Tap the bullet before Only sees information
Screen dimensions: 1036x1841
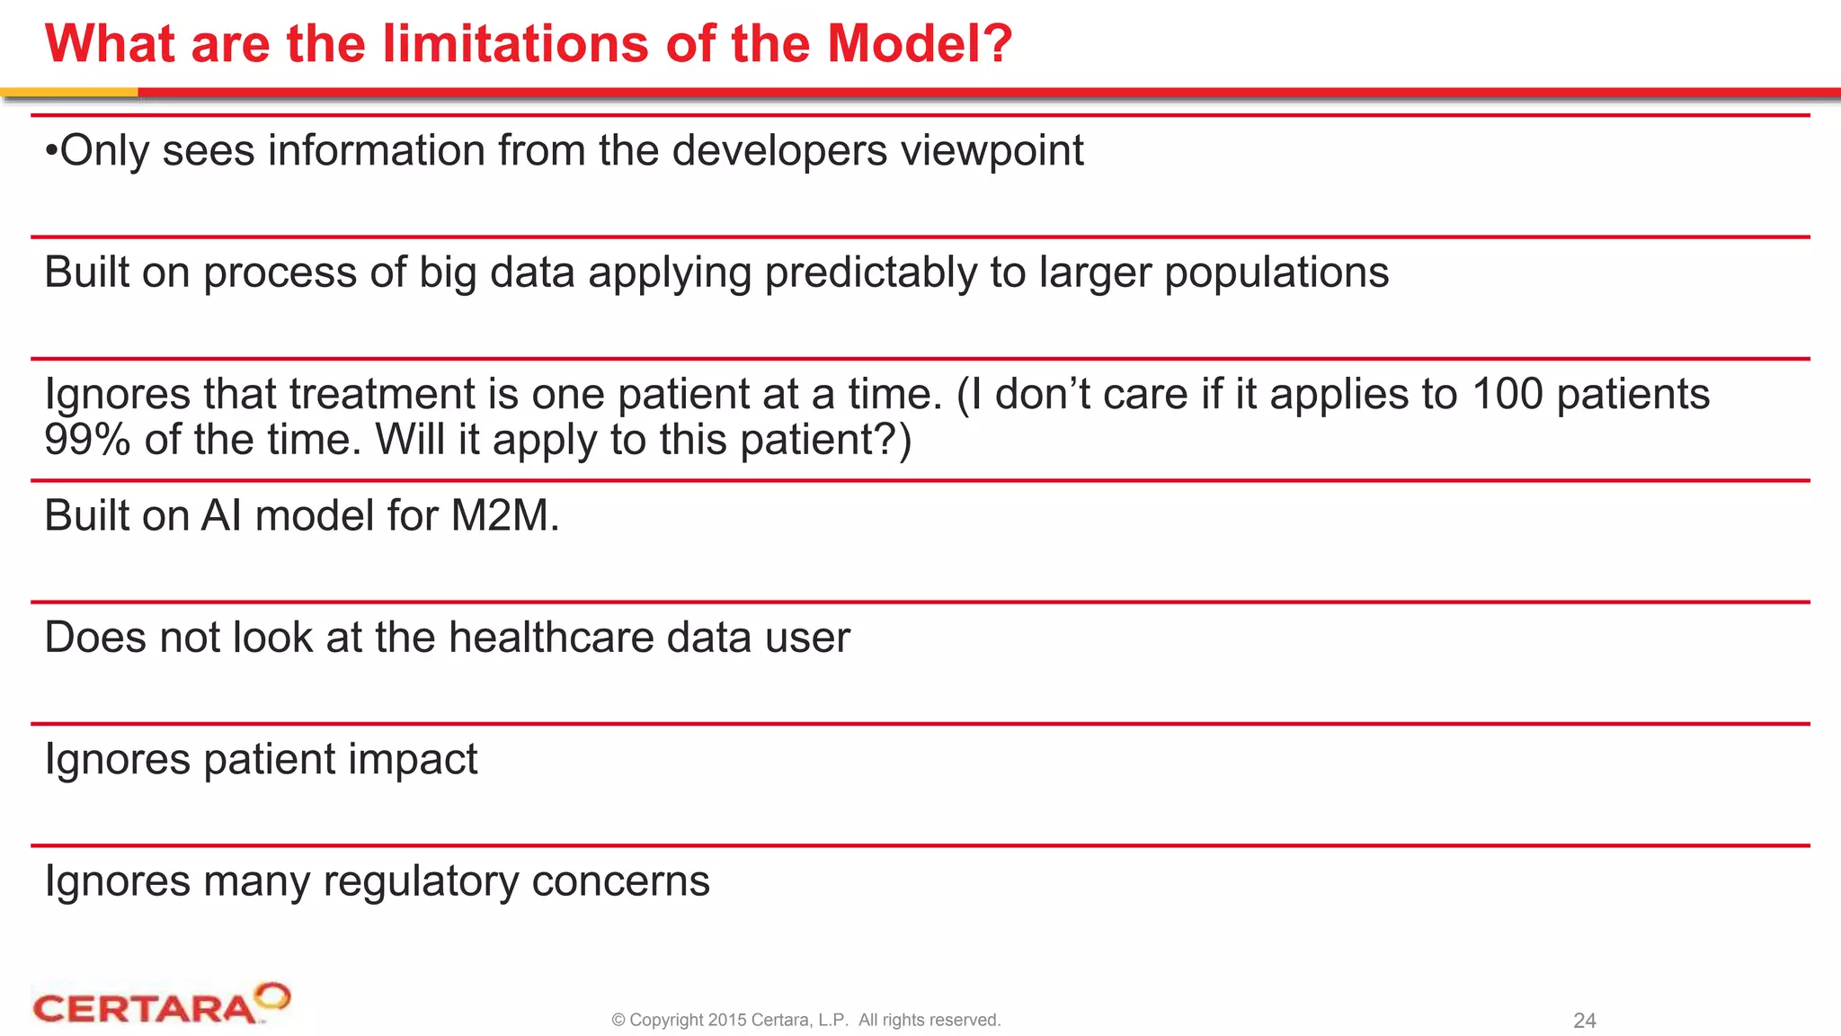(x=51, y=151)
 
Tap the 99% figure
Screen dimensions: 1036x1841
(x=87, y=440)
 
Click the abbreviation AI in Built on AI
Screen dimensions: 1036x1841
(x=220, y=516)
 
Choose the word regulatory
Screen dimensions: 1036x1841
(x=421, y=881)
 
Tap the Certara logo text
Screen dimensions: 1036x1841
(x=144, y=1009)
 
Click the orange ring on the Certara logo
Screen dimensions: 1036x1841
(x=272, y=996)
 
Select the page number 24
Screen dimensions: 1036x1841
(x=1584, y=1021)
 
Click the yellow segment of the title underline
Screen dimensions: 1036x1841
(x=68, y=92)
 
